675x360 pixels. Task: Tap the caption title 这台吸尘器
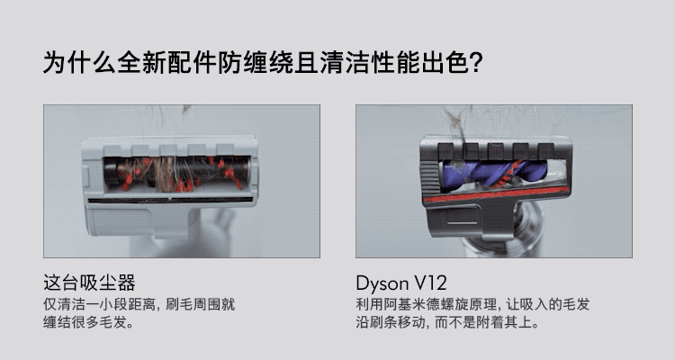click(x=89, y=283)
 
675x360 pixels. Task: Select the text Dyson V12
click(x=401, y=283)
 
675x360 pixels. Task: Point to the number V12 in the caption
click(x=430, y=283)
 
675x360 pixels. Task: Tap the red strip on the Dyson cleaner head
click(x=495, y=193)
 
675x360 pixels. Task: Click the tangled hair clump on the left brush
click(x=166, y=174)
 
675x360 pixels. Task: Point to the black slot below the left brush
click(x=170, y=200)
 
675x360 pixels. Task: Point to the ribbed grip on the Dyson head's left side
click(x=429, y=181)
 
